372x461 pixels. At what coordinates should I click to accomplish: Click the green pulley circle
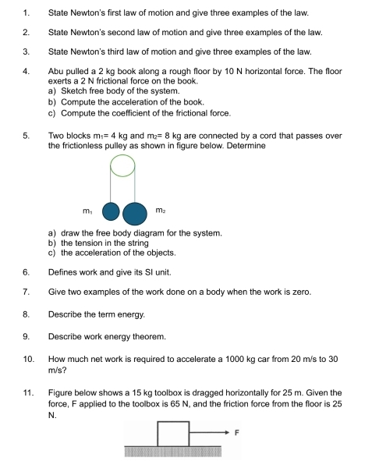point(122,165)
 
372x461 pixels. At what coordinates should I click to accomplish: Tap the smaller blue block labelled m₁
point(112,211)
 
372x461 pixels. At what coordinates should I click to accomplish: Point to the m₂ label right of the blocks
point(160,209)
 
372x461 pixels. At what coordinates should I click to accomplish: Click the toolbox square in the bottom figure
point(173,433)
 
